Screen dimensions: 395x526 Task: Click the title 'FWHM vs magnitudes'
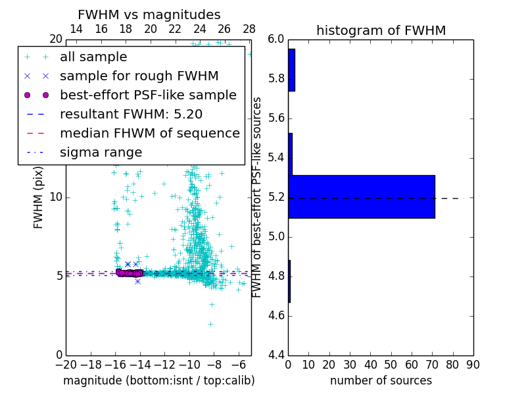click(149, 14)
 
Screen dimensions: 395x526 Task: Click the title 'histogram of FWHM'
click(381, 30)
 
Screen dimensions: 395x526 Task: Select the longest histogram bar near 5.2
click(362, 196)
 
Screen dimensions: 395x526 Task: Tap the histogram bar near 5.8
click(291, 70)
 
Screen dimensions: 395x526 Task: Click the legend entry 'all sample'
click(93, 57)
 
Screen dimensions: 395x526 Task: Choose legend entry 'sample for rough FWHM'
click(139, 76)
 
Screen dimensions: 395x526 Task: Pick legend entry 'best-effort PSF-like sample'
click(148, 95)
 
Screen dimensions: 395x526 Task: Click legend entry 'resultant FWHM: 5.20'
click(131, 115)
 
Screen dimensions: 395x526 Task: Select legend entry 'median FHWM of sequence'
click(150, 134)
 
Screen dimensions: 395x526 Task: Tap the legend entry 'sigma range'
click(101, 153)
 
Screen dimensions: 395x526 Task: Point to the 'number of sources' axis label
click(381, 381)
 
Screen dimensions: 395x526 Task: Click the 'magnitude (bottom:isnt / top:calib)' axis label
click(158, 381)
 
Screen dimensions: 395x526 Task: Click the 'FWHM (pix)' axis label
click(39, 197)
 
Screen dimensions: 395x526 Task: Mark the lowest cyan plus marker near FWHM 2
click(210, 324)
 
